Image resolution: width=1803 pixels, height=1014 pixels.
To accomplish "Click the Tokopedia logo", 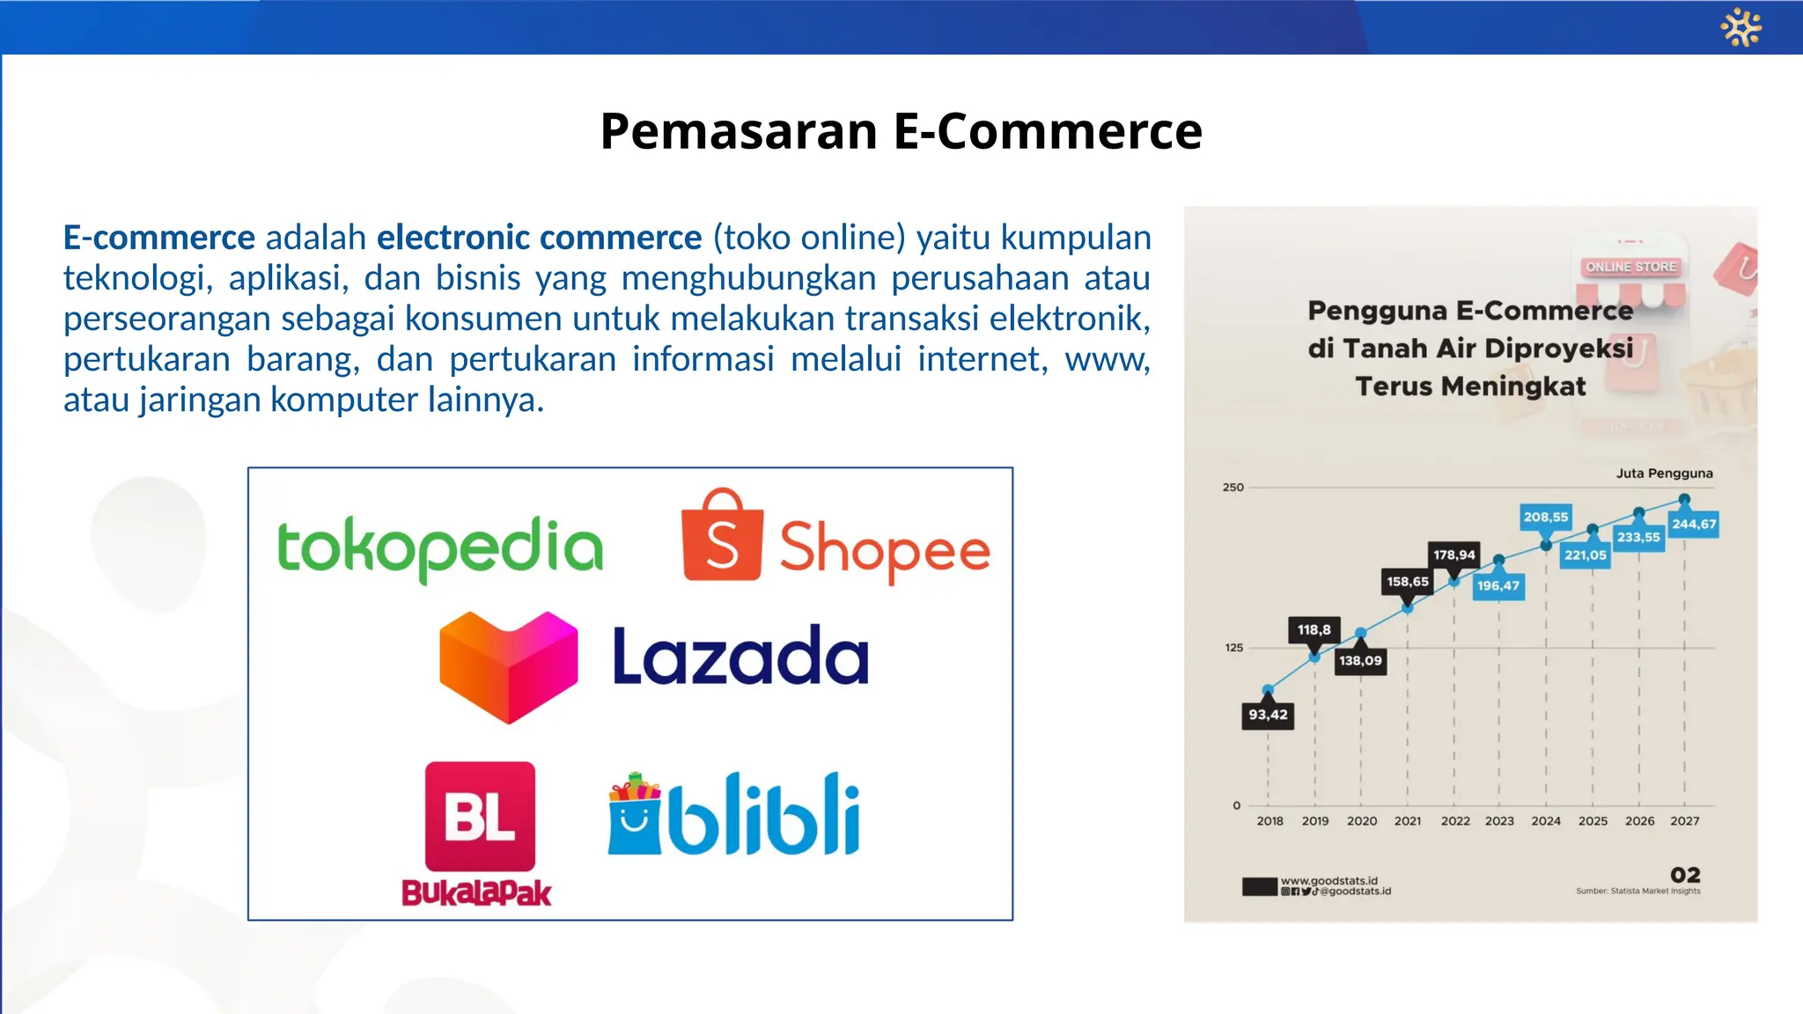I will (440, 547).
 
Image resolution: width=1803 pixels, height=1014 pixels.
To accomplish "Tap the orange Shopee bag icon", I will (722, 537).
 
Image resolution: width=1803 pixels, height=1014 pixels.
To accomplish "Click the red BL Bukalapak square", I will (480, 815).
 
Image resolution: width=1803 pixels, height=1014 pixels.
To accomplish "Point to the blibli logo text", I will (762, 815).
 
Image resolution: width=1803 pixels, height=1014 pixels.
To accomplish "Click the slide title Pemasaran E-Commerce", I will (901, 131).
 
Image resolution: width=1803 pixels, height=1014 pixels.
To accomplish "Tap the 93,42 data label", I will (1268, 715).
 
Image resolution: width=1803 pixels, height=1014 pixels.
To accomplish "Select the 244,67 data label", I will (1694, 524).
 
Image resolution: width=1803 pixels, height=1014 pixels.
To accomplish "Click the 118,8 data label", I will (1314, 629).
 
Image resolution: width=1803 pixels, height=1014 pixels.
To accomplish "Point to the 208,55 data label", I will (1546, 517).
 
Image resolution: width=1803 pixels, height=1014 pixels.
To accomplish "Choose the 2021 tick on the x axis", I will (1408, 820).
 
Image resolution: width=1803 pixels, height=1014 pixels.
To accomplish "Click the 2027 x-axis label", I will (1684, 820).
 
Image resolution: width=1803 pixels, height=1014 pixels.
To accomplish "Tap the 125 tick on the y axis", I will (1233, 648).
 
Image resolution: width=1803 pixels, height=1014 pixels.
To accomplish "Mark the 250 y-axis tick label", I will (1233, 487).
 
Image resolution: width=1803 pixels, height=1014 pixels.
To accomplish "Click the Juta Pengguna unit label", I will (1664, 473).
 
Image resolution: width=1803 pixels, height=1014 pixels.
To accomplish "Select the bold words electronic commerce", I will (539, 238).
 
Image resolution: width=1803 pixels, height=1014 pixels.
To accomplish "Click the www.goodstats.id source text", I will (1328, 880).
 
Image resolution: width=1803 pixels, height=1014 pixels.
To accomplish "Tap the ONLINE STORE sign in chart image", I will (1630, 267).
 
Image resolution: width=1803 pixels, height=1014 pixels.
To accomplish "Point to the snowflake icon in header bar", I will (1740, 27).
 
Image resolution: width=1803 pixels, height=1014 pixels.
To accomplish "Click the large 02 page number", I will (1685, 874).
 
